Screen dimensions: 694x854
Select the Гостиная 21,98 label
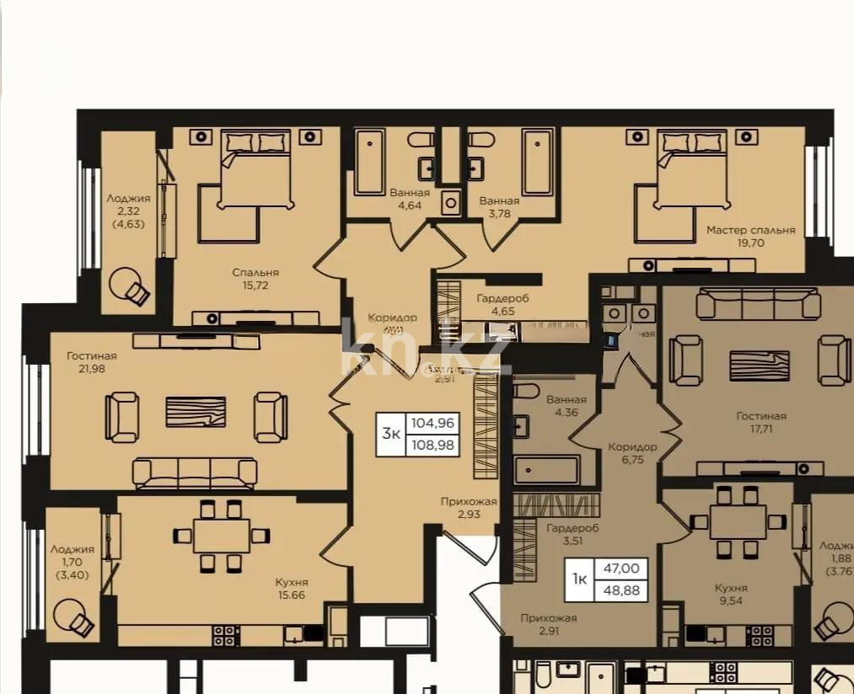coord(92,362)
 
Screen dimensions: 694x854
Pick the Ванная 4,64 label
coord(409,199)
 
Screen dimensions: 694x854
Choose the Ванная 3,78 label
coord(499,207)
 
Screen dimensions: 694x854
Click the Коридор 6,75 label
coord(632,454)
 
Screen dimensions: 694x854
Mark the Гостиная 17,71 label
coord(760,422)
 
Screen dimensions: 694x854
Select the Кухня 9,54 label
coord(730,595)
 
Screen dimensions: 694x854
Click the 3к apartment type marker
coord(391,433)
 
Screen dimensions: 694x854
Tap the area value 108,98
coord(434,443)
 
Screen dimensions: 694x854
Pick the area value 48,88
coord(621,590)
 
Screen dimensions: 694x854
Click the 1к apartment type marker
coord(580,579)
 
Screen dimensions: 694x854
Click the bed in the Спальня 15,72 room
coord(256,168)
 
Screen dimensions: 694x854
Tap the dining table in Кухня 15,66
coord(221,535)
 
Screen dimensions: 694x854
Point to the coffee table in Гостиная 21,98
coord(196,412)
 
